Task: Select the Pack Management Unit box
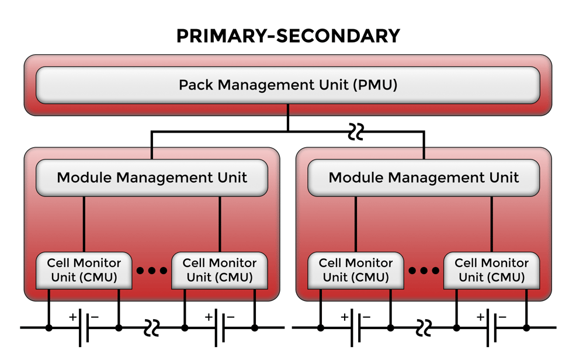[x=287, y=85]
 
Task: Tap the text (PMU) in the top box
[x=375, y=85]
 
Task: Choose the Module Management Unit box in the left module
[x=152, y=178]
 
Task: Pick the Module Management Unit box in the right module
[x=424, y=178]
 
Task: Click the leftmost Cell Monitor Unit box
[x=84, y=270]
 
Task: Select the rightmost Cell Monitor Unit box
[x=491, y=270]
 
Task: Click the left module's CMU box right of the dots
[x=220, y=270]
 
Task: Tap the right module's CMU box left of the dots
[x=356, y=270]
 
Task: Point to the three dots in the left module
[x=152, y=271]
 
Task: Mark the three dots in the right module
[x=424, y=271]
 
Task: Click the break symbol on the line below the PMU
[x=355, y=132]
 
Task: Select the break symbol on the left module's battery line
[x=152, y=328]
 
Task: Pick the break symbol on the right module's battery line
[x=424, y=328]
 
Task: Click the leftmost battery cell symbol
[x=84, y=328]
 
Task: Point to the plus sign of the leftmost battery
[x=72, y=317]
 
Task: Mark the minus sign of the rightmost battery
[x=502, y=317]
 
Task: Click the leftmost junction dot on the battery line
[x=49, y=328]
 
